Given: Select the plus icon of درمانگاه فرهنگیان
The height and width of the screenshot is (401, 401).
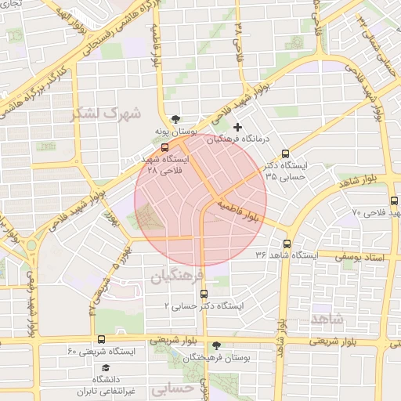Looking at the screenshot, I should [239, 126].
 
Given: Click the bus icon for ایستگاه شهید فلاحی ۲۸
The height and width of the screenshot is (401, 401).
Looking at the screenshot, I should [164, 146].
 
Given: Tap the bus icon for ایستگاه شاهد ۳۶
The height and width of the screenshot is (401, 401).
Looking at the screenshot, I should [287, 244].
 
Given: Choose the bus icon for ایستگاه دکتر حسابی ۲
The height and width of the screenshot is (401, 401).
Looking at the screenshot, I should [204, 294].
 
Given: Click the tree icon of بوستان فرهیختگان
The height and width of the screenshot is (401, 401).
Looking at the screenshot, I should [216, 345].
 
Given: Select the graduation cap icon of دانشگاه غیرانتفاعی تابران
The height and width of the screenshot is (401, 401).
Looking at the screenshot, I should [105, 367].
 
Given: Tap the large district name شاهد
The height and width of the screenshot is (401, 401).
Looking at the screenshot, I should [327, 319].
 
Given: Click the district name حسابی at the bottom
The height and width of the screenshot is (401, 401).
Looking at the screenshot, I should [171, 388].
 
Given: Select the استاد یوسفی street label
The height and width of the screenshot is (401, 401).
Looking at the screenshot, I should [363, 256].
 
